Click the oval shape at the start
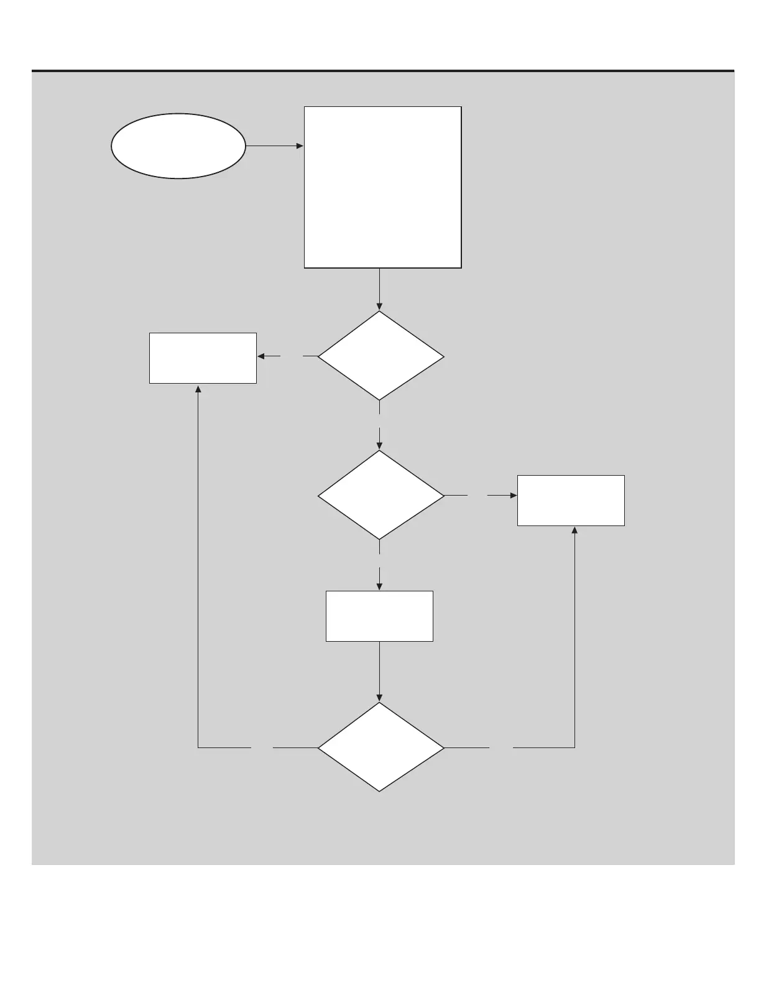click(x=178, y=146)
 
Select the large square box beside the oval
click(x=382, y=187)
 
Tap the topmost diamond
click(x=380, y=356)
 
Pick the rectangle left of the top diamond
click(x=203, y=358)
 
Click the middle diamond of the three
click(x=380, y=495)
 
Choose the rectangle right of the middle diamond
click(x=571, y=501)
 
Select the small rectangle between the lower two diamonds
click(x=379, y=616)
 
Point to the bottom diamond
click(x=380, y=747)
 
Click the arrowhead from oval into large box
click(x=300, y=146)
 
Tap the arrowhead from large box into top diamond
click(x=379, y=307)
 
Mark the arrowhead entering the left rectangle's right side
click(x=261, y=356)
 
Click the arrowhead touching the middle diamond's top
click(x=379, y=446)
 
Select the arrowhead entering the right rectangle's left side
click(x=514, y=496)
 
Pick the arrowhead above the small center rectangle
click(x=379, y=586)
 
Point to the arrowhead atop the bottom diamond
click(x=379, y=698)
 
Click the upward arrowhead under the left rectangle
click(x=198, y=388)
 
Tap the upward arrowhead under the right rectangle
click(x=574, y=530)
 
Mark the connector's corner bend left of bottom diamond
click(x=198, y=747)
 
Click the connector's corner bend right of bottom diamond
click(x=574, y=747)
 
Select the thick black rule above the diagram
click(x=383, y=71)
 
